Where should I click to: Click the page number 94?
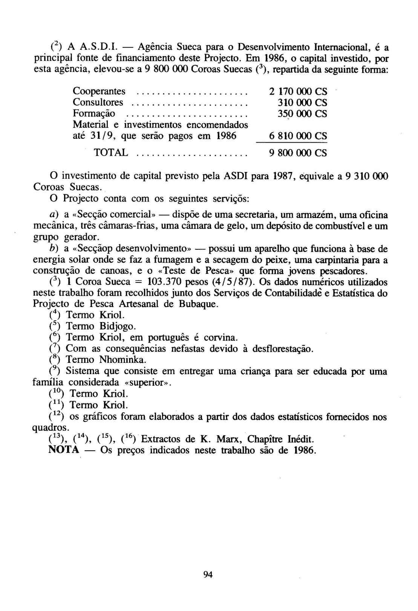pyautogui.click(x=208, y=574)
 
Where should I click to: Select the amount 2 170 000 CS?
pyautogui.click(x=298, y=92)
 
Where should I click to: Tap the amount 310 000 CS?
pyautogui.click(x=302, y=103)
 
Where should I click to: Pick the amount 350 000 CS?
pyautogui.click(x=302, y=114)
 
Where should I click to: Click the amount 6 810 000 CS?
pyautogui.click(x=298, y=136)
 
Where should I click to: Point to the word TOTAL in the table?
pyautogui.click(x=111, y=153)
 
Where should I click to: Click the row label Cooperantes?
pyautogui.click(x=99, y=91)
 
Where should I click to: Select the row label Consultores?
pyautogui.click(x=98, y=103)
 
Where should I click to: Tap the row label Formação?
pyautogui.click(x=94, y=114)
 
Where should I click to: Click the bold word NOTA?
pyautogui.click(x=64, y=450)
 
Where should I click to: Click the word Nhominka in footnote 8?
pyautogui.click(x=122, y=359)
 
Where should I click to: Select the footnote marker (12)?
pyautogui.click(x=57, y=416)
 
